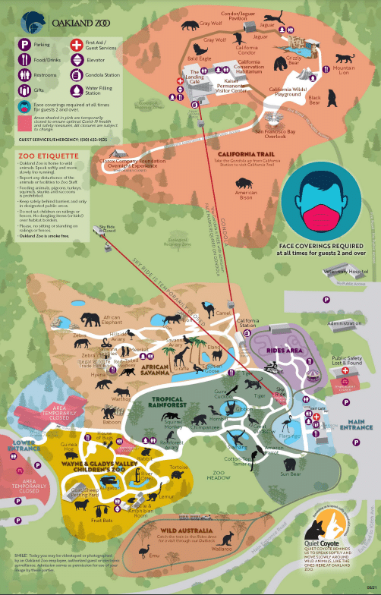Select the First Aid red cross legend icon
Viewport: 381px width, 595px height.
76,45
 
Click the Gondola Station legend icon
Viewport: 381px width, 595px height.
76,75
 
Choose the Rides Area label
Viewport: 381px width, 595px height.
285,351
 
